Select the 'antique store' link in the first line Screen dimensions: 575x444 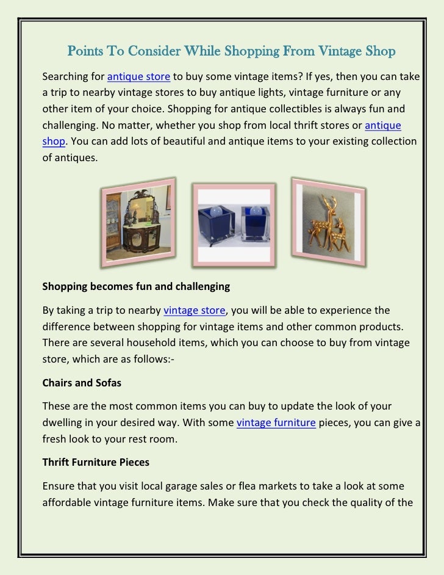[138, 78]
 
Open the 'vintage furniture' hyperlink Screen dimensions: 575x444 [275, 422]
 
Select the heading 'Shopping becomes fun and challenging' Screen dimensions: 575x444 [135, 286]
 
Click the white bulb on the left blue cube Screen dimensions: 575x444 [217, 208]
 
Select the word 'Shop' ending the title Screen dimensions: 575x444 [381, 51]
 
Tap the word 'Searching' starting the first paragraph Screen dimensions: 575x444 [65, 78]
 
